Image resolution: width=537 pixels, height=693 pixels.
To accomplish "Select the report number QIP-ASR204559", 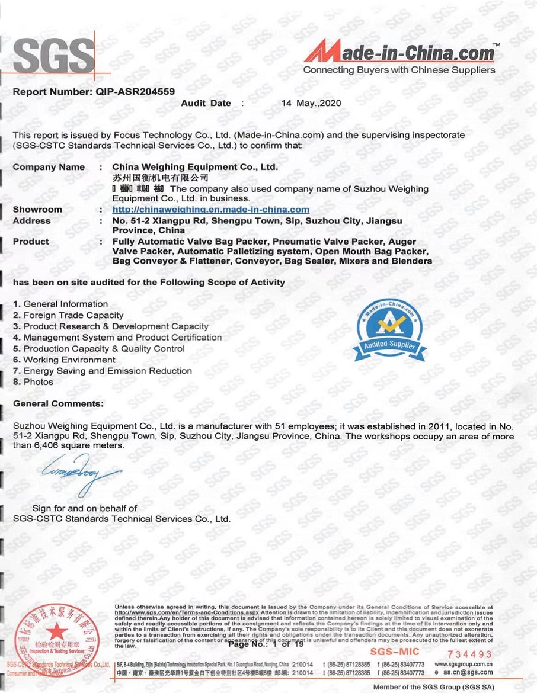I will tap(131, 92).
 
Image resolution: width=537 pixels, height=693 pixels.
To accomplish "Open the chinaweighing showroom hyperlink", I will tap(211, 209).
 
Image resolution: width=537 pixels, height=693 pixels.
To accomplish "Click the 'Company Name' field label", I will tap(49, 167).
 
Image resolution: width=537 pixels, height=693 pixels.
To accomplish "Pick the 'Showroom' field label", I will tap(37, 209).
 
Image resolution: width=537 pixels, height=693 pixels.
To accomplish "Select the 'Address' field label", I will tap(32, 220).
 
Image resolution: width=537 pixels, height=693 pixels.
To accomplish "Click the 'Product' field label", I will tap(31, 242).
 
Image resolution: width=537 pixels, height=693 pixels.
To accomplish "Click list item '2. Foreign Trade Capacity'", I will tap(68, 315).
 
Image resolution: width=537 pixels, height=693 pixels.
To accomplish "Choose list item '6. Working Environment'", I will tap(64, 360).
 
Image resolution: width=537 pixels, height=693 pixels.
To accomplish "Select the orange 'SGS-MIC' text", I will tap(394, 652).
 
